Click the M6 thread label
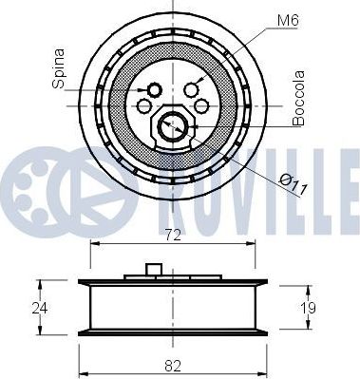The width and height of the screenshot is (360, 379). [x=288, y=21]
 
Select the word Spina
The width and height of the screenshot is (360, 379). [x=59, y=68]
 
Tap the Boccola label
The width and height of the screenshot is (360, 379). [x=298, y=99]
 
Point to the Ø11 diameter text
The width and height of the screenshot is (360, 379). [x=294, y=185]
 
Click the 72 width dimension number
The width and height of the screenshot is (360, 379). [x=173, y=236]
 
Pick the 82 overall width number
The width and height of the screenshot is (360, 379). [x=173, y=366]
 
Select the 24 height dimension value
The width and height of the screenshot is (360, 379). [x=40, y=308]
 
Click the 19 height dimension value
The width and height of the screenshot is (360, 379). [x=308, y=308]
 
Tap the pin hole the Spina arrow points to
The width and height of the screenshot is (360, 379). [x=155, y=90]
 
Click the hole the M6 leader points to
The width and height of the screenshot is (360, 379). [x=191, y=89]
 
